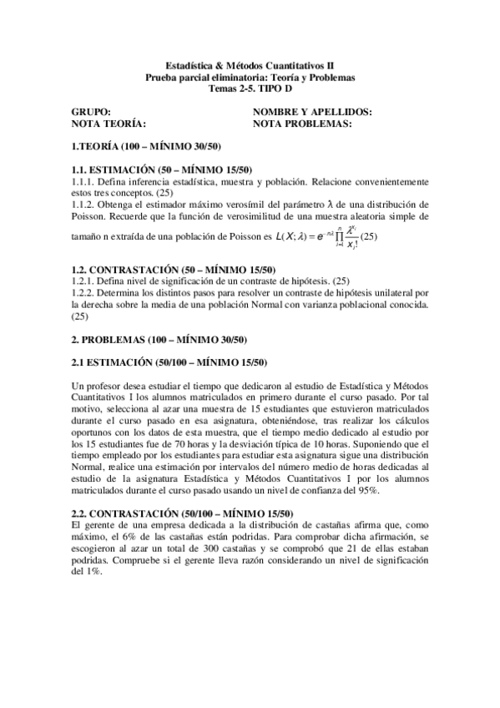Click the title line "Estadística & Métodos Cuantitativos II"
click(250, 63)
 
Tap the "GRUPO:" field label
click(91, 111)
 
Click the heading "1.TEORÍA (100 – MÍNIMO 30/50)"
click(145, 146)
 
